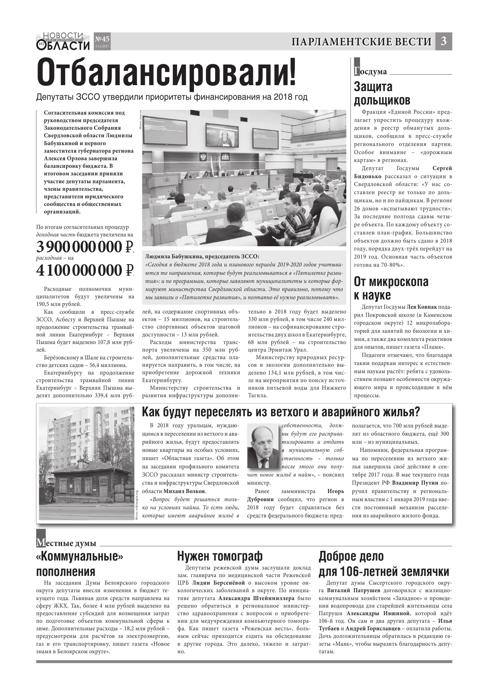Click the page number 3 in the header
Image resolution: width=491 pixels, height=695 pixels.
click(443, 41)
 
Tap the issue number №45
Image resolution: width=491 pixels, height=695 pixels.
click(102, 39)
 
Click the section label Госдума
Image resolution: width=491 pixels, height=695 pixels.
click(371, 71)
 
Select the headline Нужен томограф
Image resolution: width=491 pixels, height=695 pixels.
click(220, 556)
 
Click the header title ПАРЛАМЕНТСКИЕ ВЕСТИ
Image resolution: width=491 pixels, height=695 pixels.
click(361, 42)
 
